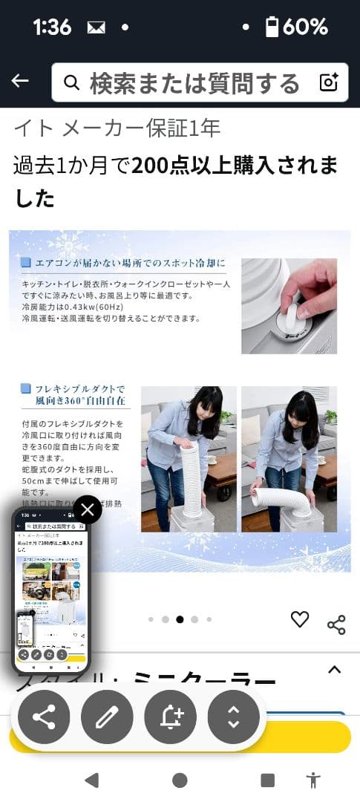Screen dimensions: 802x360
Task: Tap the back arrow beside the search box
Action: point(20,81)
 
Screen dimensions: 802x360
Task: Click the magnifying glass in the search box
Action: point(71,82)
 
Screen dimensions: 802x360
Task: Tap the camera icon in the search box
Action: point(328,82)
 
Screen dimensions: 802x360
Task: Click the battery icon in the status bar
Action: point(272,27)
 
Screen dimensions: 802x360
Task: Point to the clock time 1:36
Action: point(52,27)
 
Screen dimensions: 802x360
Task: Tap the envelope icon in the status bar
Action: point(96,27)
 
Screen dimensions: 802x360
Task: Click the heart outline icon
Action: point(300,619)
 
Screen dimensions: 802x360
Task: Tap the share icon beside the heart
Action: point(336,625)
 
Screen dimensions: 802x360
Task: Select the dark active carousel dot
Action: point(180,619)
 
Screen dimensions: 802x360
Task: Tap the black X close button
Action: point(88,509)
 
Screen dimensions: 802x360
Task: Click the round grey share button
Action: point(44,717)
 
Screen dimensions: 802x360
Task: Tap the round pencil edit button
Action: point(107,717)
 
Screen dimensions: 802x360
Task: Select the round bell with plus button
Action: point(171,717)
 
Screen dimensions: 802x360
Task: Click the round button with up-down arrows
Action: point(234,717)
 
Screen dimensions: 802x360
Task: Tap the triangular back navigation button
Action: point(91,780)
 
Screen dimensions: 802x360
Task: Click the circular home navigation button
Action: point(180,780)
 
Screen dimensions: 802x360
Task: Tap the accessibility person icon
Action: point(313,780)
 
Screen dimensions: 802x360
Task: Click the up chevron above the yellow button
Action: point(334,670)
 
